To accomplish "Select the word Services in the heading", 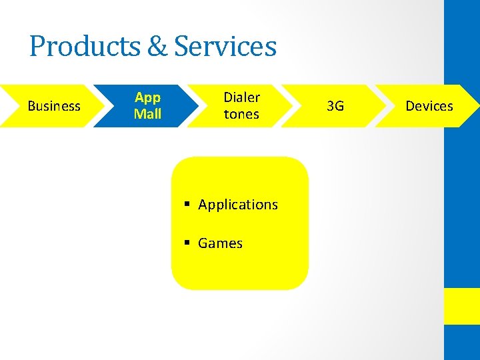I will [x=225, y=47].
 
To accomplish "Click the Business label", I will [x=54, y=106].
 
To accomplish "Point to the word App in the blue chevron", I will [x=147, y=97].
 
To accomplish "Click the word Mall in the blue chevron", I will [x=147, y=114].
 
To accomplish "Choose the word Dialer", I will [x=241, y=97].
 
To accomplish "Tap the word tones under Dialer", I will [x=241, y=114].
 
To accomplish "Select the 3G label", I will [x=336, y=106].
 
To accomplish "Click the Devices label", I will [x=429, y=106].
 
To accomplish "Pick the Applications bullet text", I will [x=238, y=205].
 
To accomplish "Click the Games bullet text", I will [x=220, y=243].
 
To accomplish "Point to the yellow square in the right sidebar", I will [x=462, y=306].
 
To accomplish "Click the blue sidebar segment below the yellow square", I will [x=462, y=343].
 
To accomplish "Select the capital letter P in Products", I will [x=37, y=47].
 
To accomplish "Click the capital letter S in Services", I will [x=183, y=47].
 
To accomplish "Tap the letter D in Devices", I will [x=411, y=106].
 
